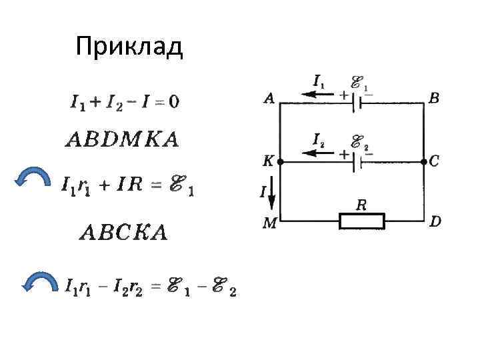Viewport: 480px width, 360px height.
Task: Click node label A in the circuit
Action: coord(269,99)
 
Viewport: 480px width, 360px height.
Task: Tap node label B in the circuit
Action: coord(434,99)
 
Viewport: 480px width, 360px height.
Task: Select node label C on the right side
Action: coord(435,161)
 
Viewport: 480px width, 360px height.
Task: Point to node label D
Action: coord(435,221)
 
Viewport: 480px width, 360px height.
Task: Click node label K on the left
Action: coord(269,161)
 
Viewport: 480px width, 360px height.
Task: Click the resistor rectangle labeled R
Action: coord(362,221)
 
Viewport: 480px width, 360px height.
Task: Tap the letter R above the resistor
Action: coord(361,205)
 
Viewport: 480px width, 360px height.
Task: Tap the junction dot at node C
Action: coord(424,161)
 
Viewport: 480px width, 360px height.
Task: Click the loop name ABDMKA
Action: coord(122,140)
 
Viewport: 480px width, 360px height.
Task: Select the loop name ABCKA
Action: coord(123,233)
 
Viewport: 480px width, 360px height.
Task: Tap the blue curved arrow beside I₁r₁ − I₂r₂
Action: coord(39,283)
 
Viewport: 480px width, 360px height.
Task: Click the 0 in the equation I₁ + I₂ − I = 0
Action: coord(173,102)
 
